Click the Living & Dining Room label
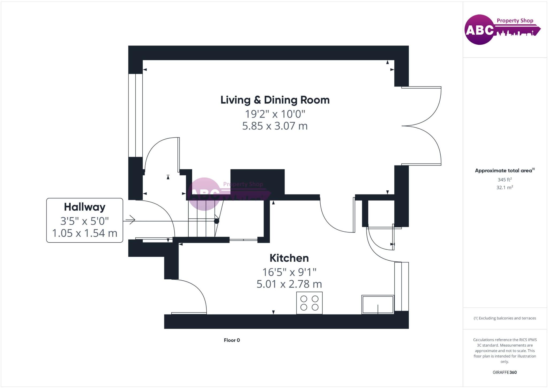[275, 100]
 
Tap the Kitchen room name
[289, 258]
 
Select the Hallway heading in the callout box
[85, 207]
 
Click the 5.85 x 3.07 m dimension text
[275, 126]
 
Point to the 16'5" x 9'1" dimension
[289, 272]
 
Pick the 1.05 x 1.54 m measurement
[85, 233]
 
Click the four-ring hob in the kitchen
[309, 303]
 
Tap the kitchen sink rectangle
[378, 304]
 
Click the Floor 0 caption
[232, 340]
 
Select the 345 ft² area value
[505, 179]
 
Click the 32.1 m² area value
[505, 187]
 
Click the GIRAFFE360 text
[505, 372]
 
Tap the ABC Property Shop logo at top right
[502, 29]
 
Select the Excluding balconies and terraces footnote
[505, 318]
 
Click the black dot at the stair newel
[217, 221]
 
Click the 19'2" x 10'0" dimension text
[275, 114]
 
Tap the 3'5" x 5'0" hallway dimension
[85, 221]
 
